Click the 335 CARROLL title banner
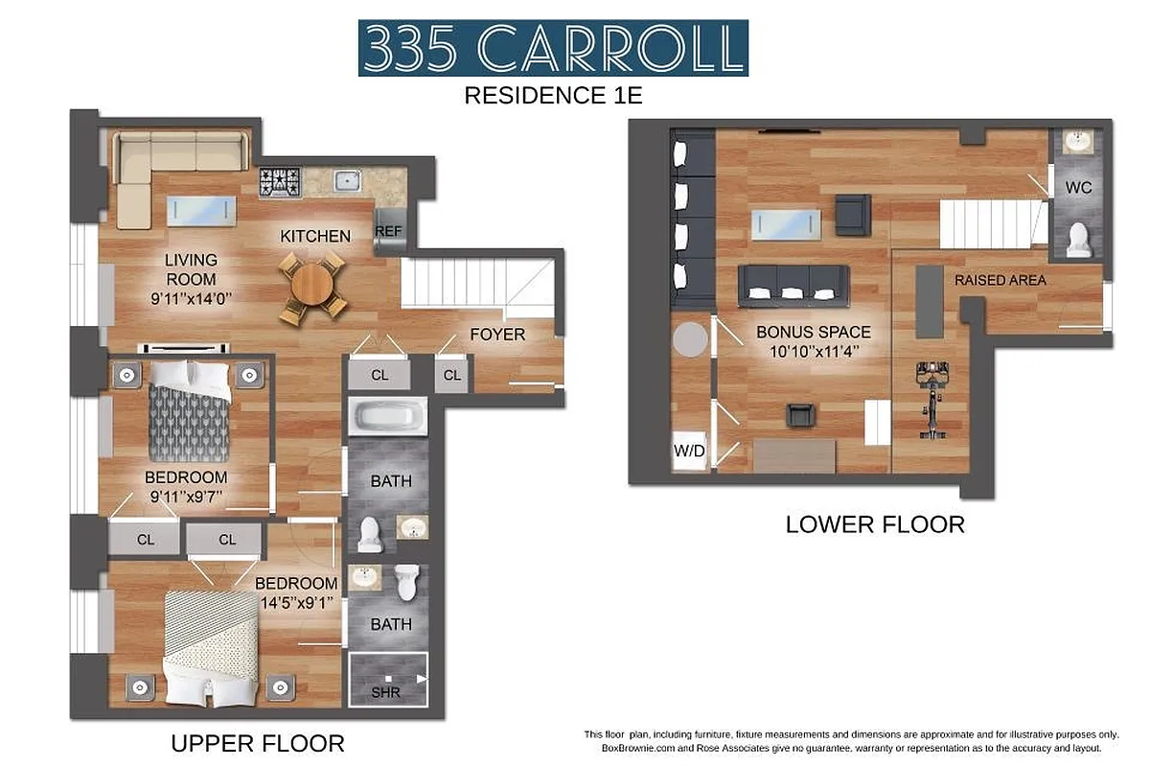pos(553,47)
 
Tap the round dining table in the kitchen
pos(312,285)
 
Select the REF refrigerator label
pos(388,231)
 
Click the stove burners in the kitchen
pos(280,180)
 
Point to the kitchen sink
pos(345,180)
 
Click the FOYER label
pos(497,335)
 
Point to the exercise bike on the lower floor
pos(927,400)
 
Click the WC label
pos(1079,188)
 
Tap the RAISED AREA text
pos(1000,281)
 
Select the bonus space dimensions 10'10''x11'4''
pos(814,351)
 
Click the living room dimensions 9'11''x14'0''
pos(191,298)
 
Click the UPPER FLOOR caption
pos(257,743)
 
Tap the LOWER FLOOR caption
pos(874,524)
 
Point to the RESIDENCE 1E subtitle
pos(552,95)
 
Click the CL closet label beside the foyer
pos(452,375)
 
